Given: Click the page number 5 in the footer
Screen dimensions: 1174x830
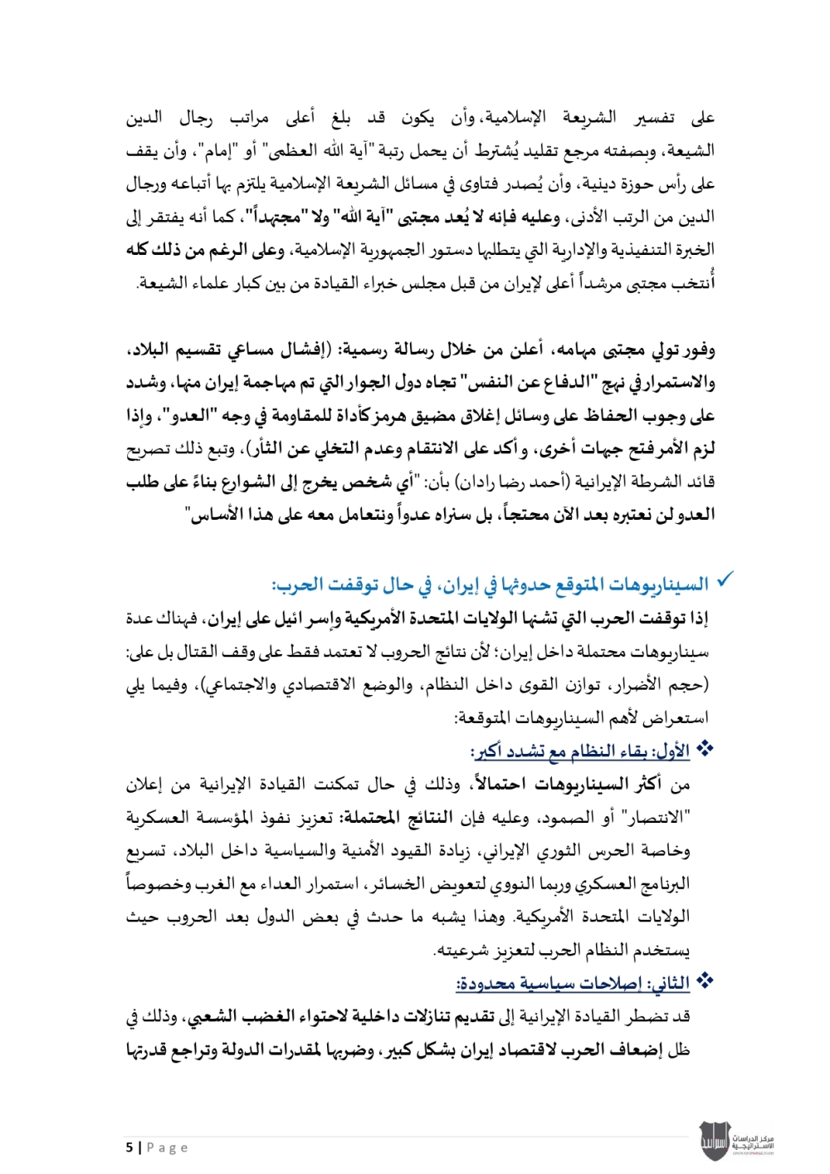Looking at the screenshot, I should [129, 1147].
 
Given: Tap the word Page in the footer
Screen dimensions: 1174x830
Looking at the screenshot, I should [168, 1147].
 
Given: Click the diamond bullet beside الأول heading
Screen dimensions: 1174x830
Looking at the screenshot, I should [705, 750].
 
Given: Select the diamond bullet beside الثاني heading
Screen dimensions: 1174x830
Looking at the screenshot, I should [705, 981].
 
